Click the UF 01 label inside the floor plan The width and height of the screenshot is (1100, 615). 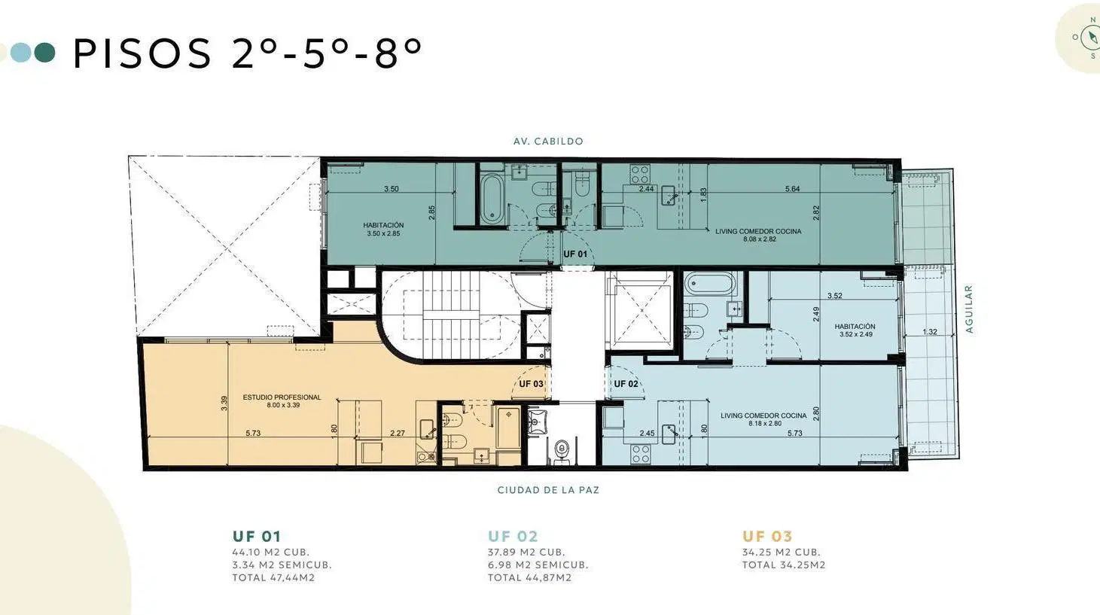tap(575, 254)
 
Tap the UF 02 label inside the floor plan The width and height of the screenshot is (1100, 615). tap(626, 384)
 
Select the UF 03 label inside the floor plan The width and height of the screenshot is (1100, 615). tap(532, 384)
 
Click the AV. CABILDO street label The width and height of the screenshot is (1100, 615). tap(549, 142)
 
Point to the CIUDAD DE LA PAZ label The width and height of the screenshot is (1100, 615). tap(549, 490)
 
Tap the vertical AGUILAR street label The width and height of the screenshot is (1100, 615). tap(969, 309)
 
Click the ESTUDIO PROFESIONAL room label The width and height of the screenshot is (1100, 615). tap(282, 397)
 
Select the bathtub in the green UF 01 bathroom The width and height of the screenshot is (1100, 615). tap(491, 199)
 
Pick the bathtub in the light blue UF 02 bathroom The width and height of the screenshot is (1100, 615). tap(711, 284)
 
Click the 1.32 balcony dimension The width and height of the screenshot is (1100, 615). tap(930, 332)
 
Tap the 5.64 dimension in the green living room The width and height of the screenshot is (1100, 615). tap(792, 189)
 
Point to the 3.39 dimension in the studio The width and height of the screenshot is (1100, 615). tap(224, 403)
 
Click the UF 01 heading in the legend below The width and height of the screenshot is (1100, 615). tap(257, 536)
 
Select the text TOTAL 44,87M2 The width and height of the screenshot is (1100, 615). tap(530, 577)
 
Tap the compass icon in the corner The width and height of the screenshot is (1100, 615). tap(1090, 38)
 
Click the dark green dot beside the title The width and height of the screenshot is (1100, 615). tap(44, 53)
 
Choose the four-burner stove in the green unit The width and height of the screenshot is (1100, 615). tap(640, 174)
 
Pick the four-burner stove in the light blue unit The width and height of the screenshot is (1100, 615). tap(641, 454)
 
